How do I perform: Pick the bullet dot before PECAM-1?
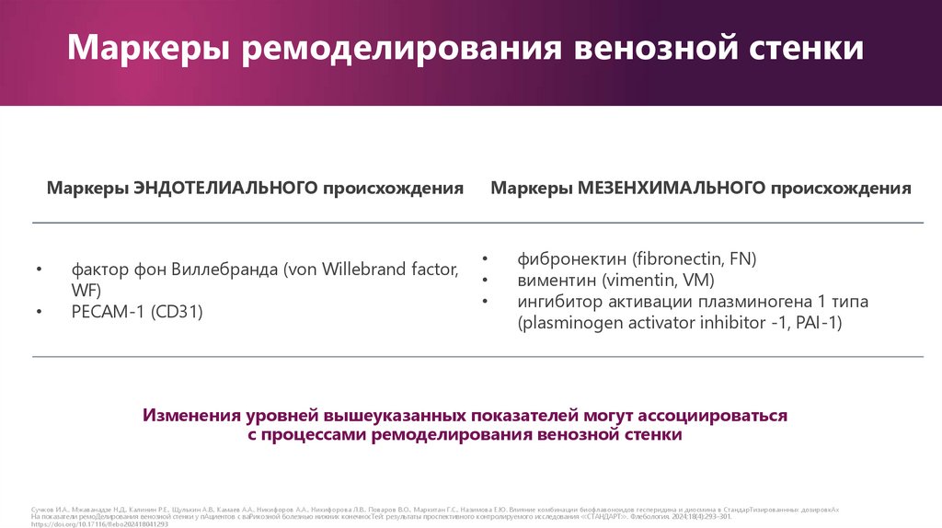click(40, 313)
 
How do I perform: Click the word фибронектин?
click(572, 259)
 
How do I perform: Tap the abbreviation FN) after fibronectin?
click(743, 259)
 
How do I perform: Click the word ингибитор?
click(560, 302)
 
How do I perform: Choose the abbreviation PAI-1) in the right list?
click(821, 323)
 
